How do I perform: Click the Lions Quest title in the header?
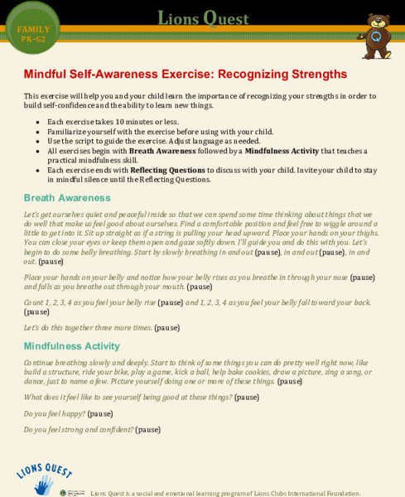tap(202, 18)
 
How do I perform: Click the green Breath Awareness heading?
tap(67, 198)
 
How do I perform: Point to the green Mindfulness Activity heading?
tap(72, 345)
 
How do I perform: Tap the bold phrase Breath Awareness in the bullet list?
tap(163, 151)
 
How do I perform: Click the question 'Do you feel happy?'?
tap(55, 413)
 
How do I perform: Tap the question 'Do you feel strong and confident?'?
tap(79, 430)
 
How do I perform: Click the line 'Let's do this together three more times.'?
tap(88, 327)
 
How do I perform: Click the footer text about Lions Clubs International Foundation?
tap(225, 493)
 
